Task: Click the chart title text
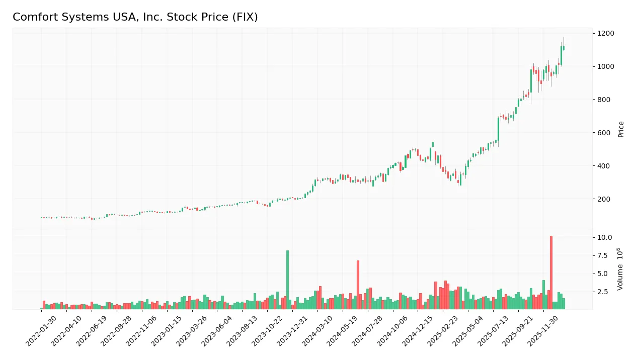(135, 17)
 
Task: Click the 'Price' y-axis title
(621, 129)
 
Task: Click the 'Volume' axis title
(621, 269)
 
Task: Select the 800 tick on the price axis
(604, 100)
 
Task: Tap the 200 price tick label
(604, 199)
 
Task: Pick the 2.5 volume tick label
(603, 292)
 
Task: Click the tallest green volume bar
(287, 280)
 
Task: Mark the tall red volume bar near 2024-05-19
(358, 285)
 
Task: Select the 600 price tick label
(604, 133)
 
